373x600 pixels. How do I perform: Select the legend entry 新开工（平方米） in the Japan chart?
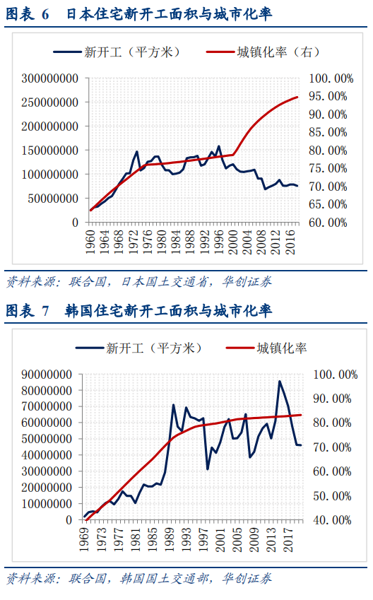(x=117, y=52)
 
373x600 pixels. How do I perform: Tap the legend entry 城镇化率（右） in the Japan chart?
(x=263, y=52)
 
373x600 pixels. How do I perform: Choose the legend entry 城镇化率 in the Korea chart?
(x=266, y=348)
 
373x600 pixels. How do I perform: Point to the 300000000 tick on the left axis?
(x=49, y=78)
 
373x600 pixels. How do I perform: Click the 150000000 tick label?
(x=49, y=151)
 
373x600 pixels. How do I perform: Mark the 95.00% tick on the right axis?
(x=328, y=96)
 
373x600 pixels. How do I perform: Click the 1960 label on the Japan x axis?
(x=90, y=242)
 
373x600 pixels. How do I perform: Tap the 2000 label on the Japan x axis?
(x=233, y=242)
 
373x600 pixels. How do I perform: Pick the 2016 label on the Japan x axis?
(x=290, y=242)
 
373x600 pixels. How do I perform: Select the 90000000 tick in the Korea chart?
(x=47, y=375)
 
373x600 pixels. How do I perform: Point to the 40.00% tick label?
(x=332, y=520)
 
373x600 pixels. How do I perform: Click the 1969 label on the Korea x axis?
(x=85, y=539)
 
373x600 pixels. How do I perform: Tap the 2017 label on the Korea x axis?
(x=288, y=539)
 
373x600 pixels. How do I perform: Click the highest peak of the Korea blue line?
(x=280, y=381)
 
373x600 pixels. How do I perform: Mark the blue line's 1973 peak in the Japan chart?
(x=136, y=151)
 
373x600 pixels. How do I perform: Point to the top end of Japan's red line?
(x=297, y=98)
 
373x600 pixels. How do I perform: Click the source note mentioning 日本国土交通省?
(x=139, y=282)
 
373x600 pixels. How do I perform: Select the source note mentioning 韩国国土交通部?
(x=139, y=578)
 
